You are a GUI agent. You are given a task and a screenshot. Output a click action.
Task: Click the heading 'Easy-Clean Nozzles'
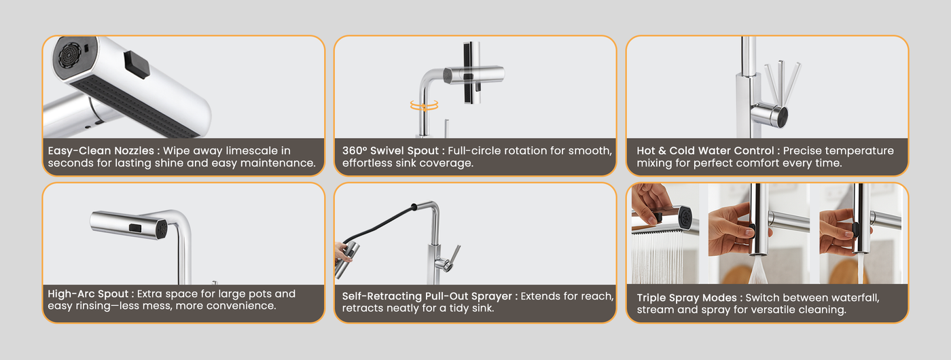point(101,151)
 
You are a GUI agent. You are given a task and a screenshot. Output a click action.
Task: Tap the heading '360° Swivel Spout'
point(391,151)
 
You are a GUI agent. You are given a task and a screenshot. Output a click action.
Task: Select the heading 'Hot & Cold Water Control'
point(705,151)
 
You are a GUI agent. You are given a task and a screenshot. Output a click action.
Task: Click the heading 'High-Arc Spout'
point(88,293)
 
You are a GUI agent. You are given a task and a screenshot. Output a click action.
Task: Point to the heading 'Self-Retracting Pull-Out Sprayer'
point(427,296)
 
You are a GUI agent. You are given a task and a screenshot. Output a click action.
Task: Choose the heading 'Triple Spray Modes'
point(687,298)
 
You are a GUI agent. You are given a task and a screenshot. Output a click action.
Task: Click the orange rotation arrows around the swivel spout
point(424,105)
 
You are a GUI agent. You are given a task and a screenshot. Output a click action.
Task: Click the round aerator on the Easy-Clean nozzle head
point(69,55)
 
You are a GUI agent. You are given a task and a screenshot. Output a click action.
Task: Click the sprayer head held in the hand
point(347,259)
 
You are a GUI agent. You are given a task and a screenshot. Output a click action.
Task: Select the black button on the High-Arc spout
point(135,228)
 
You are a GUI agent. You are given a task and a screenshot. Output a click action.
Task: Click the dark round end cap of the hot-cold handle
point(782,117)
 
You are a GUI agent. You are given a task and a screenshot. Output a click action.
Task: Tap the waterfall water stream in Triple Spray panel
point(658,257)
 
